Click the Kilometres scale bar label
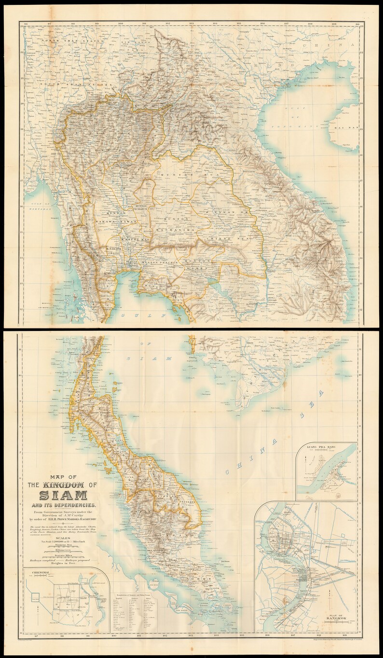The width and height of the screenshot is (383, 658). pyautogui.click(x=63, y=550)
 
